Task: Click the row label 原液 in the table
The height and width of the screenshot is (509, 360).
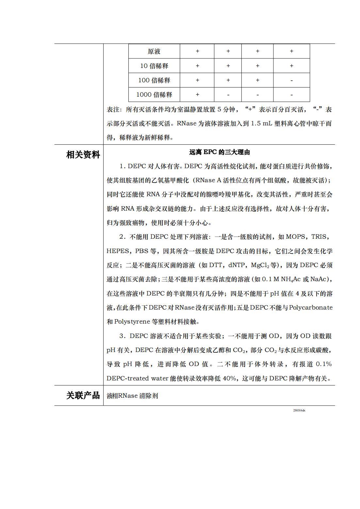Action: (154, 51)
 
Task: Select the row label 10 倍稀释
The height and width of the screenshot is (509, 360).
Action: (154, 66)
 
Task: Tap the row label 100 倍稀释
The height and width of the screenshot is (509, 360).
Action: (154, 80)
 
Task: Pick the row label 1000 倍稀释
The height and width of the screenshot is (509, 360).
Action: (154, 95)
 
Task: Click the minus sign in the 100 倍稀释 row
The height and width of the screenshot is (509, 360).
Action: (291, 80)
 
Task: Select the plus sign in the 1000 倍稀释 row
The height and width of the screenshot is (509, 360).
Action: (197, 95)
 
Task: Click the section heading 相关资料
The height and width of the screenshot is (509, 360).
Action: (83, 154)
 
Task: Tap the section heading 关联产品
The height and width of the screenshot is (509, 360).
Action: (83, 395)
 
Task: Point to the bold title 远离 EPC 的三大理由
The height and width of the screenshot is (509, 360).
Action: (220, 152)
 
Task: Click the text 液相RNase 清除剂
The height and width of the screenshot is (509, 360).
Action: (132, 396)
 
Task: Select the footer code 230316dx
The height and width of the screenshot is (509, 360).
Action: (299, 410)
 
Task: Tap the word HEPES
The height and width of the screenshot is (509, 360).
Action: (118, 251)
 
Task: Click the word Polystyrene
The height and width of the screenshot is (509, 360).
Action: (132, 322)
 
